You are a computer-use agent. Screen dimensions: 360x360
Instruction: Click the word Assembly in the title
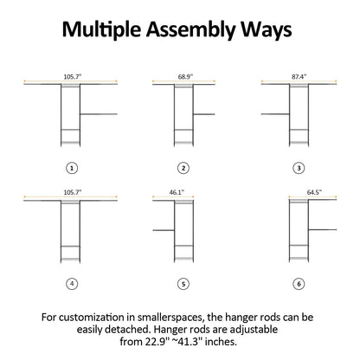click(191, 30)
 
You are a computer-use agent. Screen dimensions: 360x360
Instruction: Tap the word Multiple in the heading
click(102, 29)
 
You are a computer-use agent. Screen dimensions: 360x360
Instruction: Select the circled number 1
click(72, 168)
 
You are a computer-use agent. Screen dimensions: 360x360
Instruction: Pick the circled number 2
click(183, 168)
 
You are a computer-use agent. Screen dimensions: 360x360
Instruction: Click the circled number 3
click(299, 168)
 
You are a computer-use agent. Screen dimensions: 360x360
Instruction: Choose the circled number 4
click(72, 284)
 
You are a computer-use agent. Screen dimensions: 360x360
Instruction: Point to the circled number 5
click(183, 284)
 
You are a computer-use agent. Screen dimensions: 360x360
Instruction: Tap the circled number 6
click(299, 284)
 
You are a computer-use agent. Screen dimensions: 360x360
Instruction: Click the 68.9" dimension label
click(185, 77)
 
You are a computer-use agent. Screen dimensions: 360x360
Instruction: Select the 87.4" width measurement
click(299, 77)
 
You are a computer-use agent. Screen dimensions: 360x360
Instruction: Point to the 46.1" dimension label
click(177, 192)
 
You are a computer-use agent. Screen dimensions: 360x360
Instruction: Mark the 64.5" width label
click(314, 192)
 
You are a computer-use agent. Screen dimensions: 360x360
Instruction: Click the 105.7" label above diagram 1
click(73, 77)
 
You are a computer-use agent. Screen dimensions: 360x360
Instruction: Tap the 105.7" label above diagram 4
click(73, 192)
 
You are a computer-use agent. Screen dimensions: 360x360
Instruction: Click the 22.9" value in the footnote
click(157, 342)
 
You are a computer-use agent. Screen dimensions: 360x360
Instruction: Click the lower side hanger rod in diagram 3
click(275, 114)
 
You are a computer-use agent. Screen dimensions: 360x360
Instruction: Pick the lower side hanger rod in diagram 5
click(164, 230)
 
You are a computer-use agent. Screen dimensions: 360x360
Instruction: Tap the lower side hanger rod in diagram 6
click(323, 230)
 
